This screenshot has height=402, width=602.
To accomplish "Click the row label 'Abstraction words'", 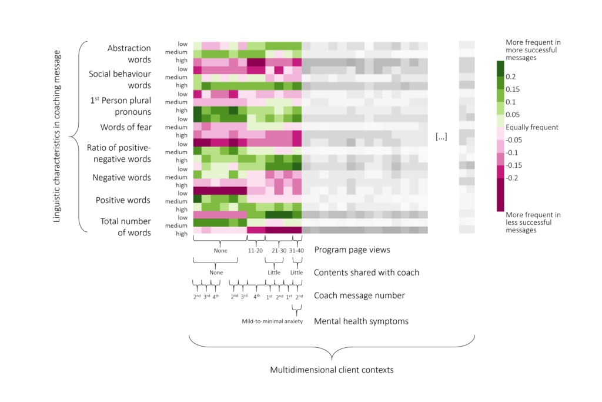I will click(129, 54).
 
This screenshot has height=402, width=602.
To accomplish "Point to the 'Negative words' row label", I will click(122, 177).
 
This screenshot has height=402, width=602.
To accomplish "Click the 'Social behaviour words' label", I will click(119, 79).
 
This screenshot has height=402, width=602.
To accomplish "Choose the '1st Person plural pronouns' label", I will click(121, 105).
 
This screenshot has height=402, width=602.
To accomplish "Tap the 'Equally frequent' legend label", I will click(532, 127).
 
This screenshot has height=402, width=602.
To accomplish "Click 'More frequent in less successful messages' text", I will click(533, 222).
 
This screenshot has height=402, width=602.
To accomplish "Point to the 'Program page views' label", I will click(352, 250).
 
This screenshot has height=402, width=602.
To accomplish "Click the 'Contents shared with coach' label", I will click(366, 273).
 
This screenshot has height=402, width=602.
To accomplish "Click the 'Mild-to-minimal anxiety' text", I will click(272, 321).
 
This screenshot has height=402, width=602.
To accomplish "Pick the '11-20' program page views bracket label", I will click(256, 250).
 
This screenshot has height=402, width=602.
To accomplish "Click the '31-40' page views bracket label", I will click(296, 250).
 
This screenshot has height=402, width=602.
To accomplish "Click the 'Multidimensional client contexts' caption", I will click(331, 370).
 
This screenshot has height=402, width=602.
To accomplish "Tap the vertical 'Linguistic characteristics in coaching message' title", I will click(57, 137).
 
